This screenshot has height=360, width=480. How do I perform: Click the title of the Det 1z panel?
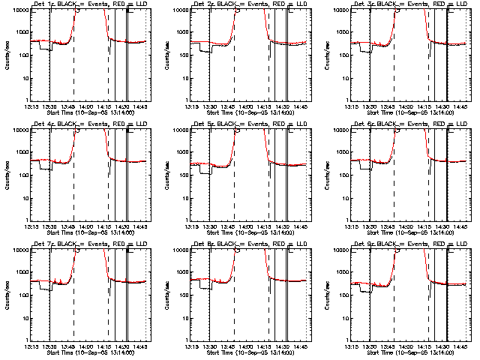pos(88,4)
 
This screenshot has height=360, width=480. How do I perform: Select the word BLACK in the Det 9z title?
pos(378,244)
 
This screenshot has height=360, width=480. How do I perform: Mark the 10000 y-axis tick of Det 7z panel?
pos(18,250)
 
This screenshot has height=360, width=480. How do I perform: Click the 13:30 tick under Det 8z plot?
pos(210,345)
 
